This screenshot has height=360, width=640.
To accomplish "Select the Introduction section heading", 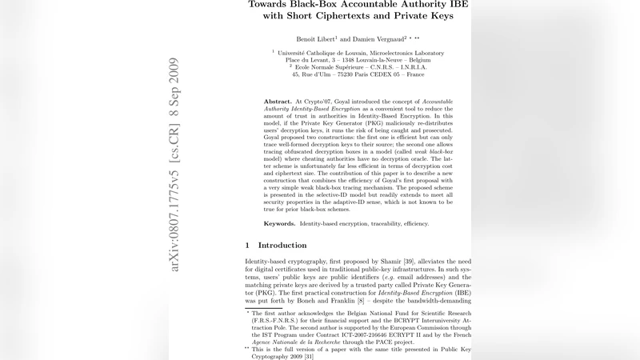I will click(282, 245).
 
